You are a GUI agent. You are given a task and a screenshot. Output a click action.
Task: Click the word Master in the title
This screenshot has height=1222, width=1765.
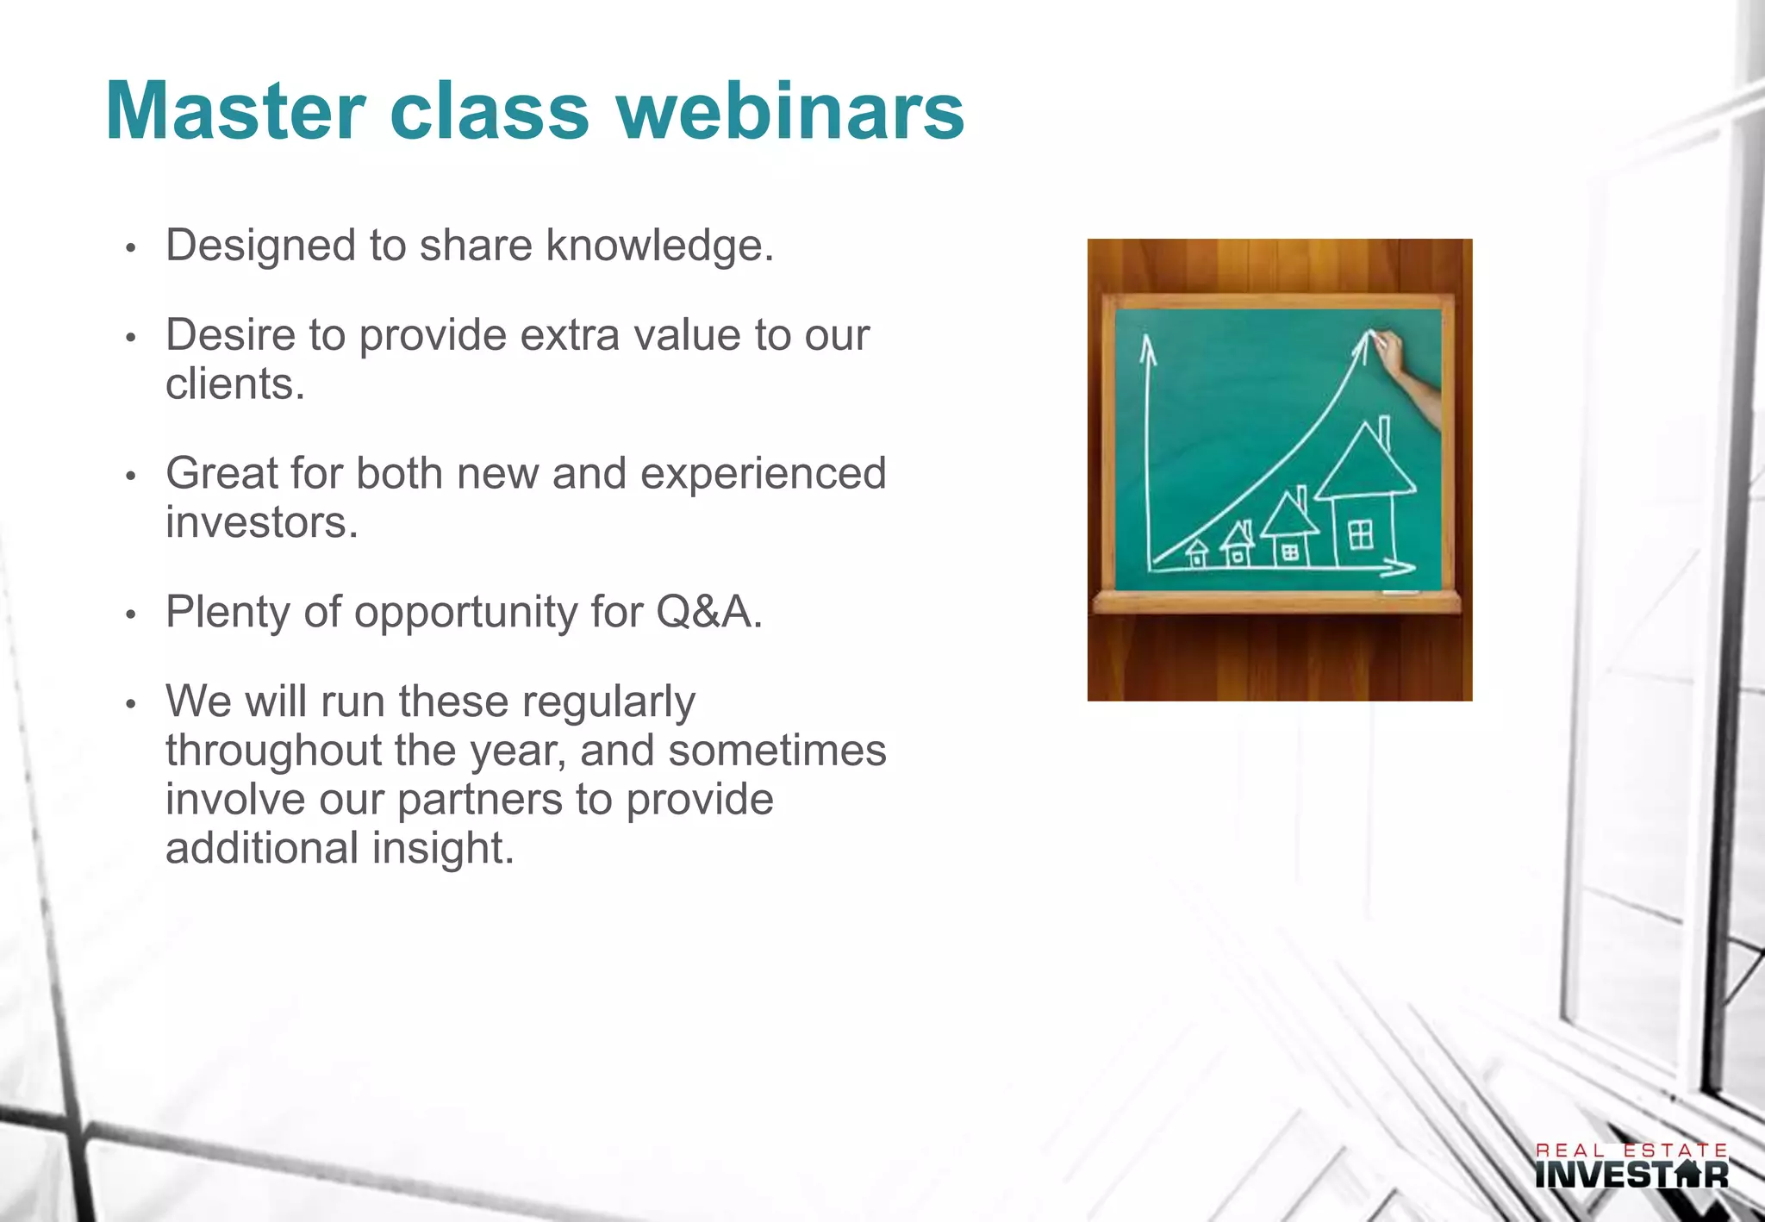235,111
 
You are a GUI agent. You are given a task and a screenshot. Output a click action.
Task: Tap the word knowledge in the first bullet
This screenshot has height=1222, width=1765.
659,246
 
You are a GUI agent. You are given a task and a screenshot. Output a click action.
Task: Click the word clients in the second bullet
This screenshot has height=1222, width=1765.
234,384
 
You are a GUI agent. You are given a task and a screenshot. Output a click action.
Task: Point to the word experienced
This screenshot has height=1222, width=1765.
763,473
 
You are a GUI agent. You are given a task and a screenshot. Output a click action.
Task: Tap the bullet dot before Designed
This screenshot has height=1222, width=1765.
131,249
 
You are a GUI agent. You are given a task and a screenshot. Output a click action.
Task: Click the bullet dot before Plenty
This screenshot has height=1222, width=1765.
131,615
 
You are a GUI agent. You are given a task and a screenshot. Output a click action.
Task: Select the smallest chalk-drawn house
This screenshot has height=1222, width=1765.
1197,553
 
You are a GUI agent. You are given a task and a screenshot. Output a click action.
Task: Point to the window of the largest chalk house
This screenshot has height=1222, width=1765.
1361,534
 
